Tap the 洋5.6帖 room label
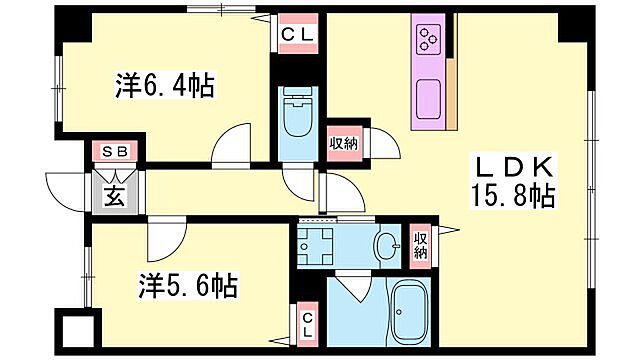pyautogui.click(x=188, y=287)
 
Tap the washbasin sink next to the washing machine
pyautogui.click(x=386, y=244)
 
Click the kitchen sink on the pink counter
pyautogui.click(x=428, y=98)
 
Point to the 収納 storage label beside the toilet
pyautogui.click(x=345, y=143)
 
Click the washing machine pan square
pyautogui.click(x=318, y=244)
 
